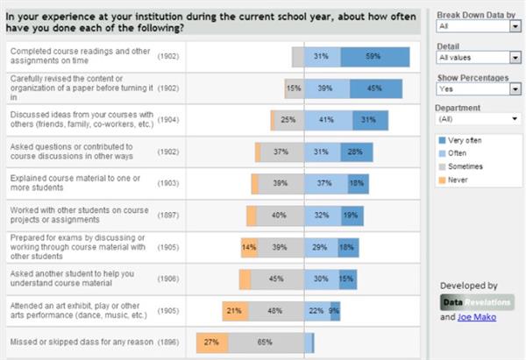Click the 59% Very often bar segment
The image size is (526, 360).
(x=374, y=57)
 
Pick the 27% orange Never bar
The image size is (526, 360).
(x=212, y=342)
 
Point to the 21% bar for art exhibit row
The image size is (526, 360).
(x=233, y=311)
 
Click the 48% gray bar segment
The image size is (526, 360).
(x=274, y=311)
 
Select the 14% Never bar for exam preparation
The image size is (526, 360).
(x=248, y=248)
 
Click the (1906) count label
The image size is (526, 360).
(x=168, y=279)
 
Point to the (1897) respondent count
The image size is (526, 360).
(x=168, y=215)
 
